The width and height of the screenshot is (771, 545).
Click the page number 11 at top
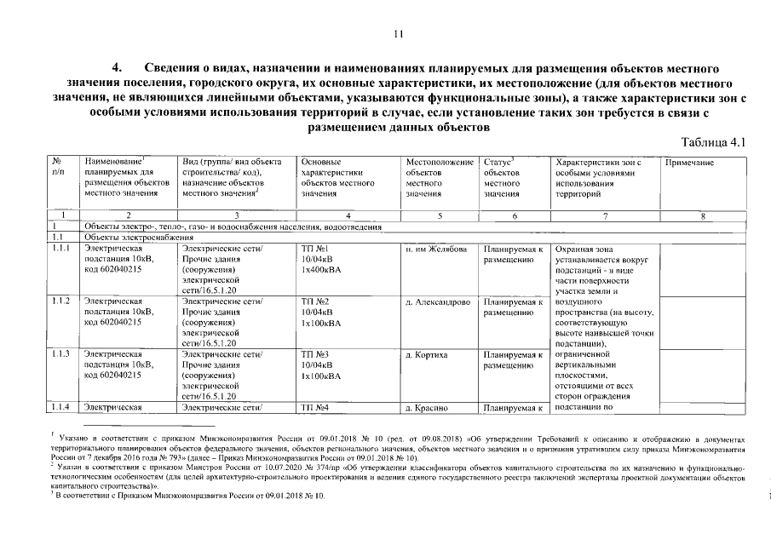[x=397, y=35]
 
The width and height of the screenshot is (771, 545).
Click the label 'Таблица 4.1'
[x=714, y=142]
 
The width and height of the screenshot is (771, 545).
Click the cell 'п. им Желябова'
[x=435, y=249]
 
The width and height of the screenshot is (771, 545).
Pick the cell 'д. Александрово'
[x=438, y=301]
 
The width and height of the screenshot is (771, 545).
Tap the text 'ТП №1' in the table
[x=315, y=249]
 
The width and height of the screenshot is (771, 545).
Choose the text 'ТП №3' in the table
[x=315, y=354]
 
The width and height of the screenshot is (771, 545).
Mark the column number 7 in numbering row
[x=603, y=215]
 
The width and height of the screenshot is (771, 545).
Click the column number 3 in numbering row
[x=236, y=215]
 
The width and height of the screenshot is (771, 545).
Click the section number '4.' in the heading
[x=118, y=67]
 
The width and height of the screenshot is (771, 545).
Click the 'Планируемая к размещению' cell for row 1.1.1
[x=513, y=254]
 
